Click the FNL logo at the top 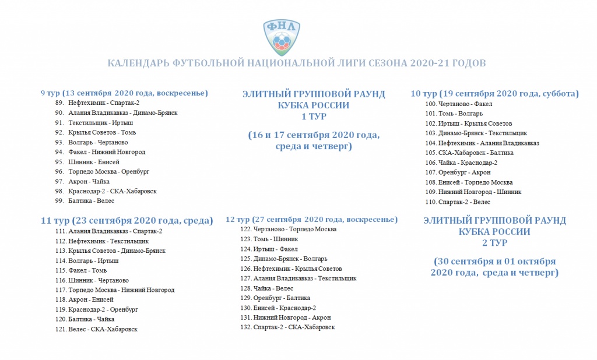coord(282,36)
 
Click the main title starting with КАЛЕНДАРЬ coord(297,63)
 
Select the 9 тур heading coord(124,93)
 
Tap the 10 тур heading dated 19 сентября coord(494,93)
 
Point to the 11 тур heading coord(127,221)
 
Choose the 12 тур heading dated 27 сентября coord(311,220)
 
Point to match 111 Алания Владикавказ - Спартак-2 coord(108,231)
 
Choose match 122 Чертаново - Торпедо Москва coord(288,229)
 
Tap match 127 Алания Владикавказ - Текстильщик coord(298,278)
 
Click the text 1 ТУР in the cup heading coord(314,116)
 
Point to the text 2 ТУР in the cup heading coord(494,242)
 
